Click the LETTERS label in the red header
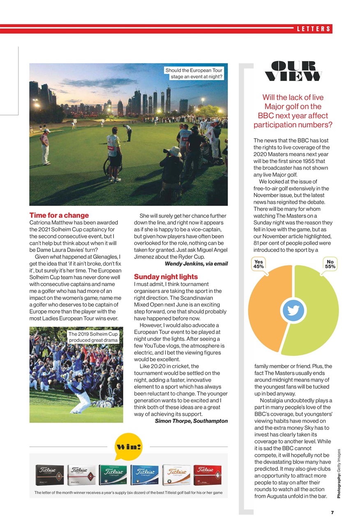click(x=314, y=29)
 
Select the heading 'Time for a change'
click(x=59, y=215)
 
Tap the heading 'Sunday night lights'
click(x=166, y=277)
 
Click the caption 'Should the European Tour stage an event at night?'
click(x=194, y=74)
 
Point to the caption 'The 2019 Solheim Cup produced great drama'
click(x=93, y=337)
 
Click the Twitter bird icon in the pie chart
click(x=293, y=311)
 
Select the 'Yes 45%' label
click(x=259, y=264)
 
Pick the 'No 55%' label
click(x=330, y=264)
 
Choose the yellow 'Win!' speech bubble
click(x=128, y=447)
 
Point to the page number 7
click(x=331, y=512)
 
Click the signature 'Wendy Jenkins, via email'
click(x=196, y=263)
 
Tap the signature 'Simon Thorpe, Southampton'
click(x=191, y=421)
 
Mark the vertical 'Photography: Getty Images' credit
click(x=338, y=473)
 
